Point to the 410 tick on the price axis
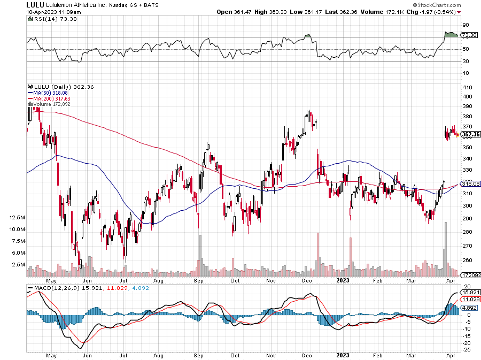(466, 87)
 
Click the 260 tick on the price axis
(466, 260)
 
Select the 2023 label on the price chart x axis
(343, 280)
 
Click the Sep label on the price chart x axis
(198, 280)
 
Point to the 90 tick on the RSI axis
(465, 25)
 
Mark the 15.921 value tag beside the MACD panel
(469, 293)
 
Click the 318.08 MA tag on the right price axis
(469, 183)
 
